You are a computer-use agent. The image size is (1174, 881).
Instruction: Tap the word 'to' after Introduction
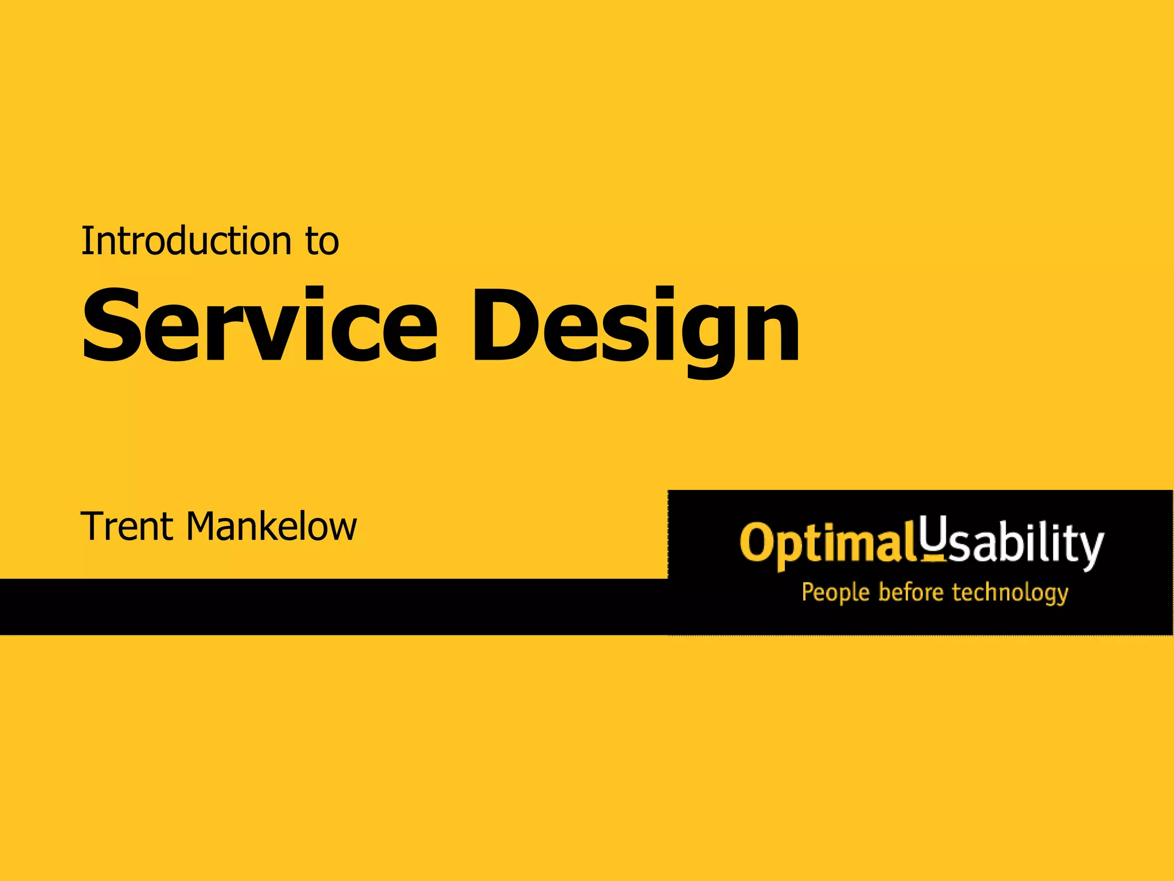(x=322, y=242)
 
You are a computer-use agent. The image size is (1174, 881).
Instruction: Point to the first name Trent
(x=127, y=527)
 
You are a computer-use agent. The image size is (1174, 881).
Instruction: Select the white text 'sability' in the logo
(x=1026, y=545)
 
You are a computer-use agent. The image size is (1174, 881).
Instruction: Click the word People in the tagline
(x=836, y=593)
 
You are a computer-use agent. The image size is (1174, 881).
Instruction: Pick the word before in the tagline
(x=911, y=592)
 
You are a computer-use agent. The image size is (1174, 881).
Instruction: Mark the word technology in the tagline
(x=1010, y=593)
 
